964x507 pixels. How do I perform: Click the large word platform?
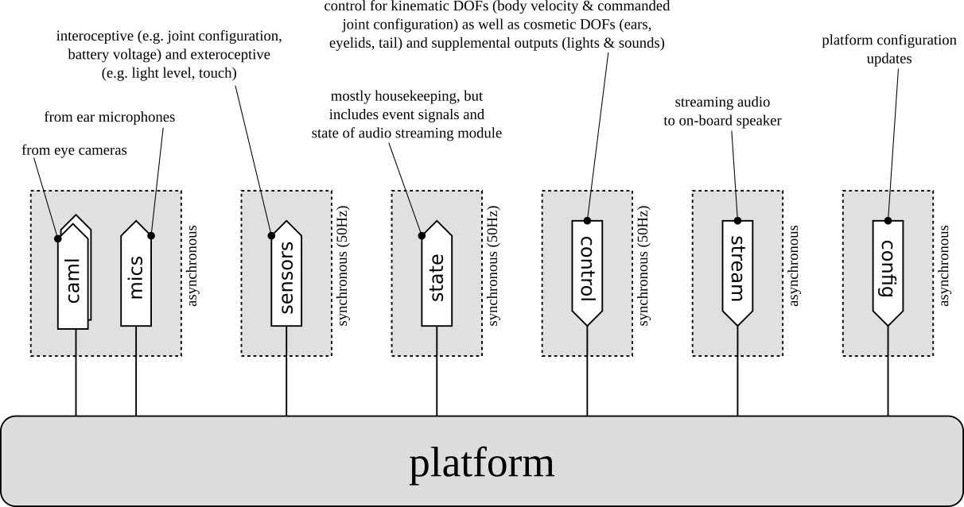482,463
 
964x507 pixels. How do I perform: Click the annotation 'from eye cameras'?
74,149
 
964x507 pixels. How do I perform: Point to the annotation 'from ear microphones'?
110,117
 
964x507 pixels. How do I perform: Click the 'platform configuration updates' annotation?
888,48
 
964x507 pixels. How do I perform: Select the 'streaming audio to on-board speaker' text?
722,111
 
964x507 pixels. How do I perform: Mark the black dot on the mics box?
151,236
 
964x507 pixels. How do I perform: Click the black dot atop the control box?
587,220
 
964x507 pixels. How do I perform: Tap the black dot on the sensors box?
271,235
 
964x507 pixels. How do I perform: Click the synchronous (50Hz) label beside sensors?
344,269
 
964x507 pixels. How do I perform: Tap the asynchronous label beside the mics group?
193,266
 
